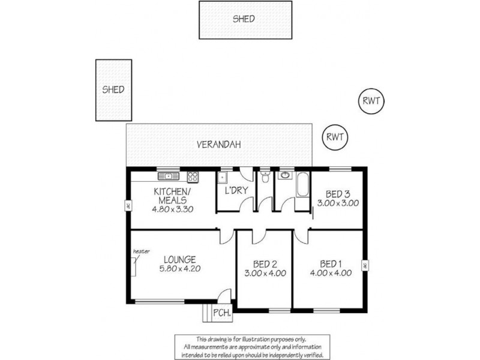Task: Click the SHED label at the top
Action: coord(244,19)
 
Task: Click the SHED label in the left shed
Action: coord(113,90)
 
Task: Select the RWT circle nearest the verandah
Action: coord(335,136)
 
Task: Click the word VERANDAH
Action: coord(219,145)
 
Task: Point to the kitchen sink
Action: coord(169,176)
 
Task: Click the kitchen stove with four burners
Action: coord(193,176)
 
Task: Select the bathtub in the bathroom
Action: coord(302,184)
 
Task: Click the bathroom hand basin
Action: coord(284,176)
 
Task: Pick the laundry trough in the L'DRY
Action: coord(222,177)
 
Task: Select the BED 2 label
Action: coord(265,264)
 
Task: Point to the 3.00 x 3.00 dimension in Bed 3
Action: coord(338,203)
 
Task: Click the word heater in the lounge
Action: coord(141,251)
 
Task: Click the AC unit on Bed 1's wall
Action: coord(364,265)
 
